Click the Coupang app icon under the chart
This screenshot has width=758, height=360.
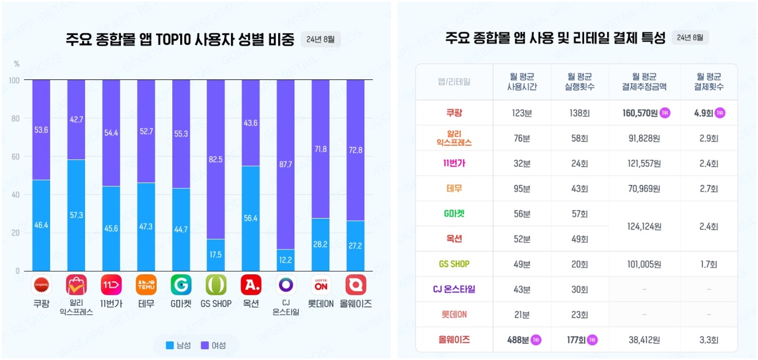41,285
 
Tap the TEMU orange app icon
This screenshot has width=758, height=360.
146,285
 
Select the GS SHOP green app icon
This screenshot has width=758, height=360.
216,285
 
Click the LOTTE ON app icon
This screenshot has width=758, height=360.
320,285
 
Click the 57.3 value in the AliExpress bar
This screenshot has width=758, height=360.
76,216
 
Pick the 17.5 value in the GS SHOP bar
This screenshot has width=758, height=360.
216,255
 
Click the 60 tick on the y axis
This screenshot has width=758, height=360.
15,157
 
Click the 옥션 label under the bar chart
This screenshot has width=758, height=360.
251,304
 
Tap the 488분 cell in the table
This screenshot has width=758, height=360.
518,340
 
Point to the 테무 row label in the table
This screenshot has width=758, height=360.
453,189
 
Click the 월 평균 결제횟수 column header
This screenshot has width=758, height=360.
708,82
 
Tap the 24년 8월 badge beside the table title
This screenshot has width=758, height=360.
690,38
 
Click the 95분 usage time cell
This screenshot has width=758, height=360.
522,189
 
